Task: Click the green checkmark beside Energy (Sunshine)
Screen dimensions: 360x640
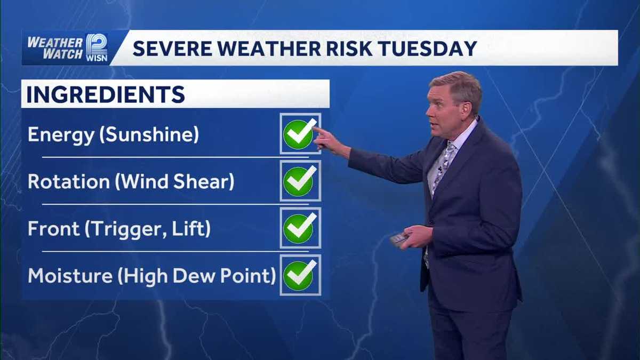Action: pyautogui.click(x=299, y=134)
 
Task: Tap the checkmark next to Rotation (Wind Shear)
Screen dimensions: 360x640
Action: pyautogui.click(x=299, y=181)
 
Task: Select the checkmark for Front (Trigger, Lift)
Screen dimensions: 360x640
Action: pyautogui.click(x=299, y=228)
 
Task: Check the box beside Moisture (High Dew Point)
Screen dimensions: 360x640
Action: pyautogui.click(x=299, y=275)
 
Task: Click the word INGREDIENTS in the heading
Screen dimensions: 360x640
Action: pyautogui.click(x=106, y=95)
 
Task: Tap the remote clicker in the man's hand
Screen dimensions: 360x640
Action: pyautogui.click(x=398, y=238)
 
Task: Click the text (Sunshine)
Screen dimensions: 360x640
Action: pyautogui.click(x=152, y=135)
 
